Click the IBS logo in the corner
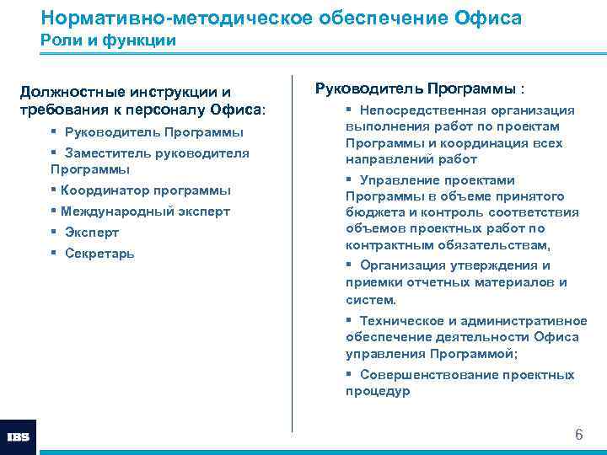tap(18, 437)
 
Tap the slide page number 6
tap(578, 435)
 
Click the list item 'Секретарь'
tap(99, 254)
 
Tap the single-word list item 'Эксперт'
tap(92, 233)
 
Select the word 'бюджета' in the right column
tap(371, 212)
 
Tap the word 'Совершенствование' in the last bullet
tap(418, 375)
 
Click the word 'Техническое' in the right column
tap(395, 320)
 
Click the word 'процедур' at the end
tap(377, 391)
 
